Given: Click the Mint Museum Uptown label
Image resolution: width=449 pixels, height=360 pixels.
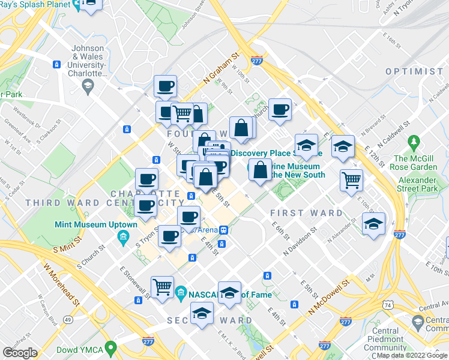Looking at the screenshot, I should tap(96, 225).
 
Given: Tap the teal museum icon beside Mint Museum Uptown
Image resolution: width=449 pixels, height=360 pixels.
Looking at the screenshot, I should tap(122, 236).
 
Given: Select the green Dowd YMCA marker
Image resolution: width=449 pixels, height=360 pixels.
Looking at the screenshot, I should tap(110, 347).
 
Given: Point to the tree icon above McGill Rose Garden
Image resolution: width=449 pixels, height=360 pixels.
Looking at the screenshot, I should tap(413, 142).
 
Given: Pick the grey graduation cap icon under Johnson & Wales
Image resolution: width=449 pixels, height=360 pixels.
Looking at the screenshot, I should tap(88, 86).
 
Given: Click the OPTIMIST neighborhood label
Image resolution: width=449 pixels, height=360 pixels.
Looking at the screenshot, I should tap(414, 71).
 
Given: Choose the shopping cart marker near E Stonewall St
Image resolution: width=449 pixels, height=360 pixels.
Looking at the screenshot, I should tap(162, 288).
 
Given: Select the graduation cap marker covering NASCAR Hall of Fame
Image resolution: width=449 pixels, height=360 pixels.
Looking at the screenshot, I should tap(229, 293).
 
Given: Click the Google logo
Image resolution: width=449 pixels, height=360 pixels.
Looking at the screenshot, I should tap(20, 353).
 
